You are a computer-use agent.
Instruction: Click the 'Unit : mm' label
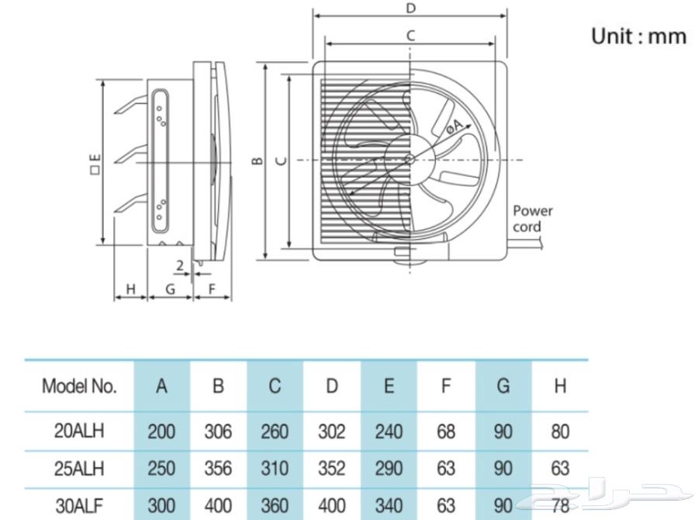click(638, 36)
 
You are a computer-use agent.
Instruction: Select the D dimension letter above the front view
click(411, 9)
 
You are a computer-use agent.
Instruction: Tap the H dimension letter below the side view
click(130, 289)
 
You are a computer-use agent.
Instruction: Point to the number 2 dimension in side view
click(180, 265)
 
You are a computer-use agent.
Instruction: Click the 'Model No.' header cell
click(79, 386)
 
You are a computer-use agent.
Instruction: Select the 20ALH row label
click(79, 432)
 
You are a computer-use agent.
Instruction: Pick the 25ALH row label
click(79, 469)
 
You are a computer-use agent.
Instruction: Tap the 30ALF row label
click(79, 505)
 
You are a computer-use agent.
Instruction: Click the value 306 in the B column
click(218, 432)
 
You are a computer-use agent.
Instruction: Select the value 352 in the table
click(332, 469)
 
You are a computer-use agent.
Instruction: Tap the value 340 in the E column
click(389, 505)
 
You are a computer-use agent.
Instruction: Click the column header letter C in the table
click(275, 386)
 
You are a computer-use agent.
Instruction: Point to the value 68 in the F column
click(446, 432)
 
